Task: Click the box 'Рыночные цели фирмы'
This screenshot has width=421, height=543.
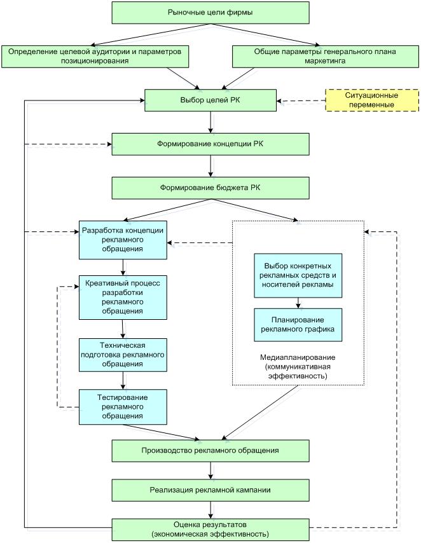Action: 210,13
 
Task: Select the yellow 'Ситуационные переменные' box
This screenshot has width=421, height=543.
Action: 372,100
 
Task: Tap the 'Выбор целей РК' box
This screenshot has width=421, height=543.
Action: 210,100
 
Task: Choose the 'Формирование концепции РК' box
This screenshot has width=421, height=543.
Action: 210,144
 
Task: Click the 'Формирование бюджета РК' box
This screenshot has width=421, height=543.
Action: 210,188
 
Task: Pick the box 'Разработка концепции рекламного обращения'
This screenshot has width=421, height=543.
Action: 123,240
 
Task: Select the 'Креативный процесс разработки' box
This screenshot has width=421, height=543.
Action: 123,298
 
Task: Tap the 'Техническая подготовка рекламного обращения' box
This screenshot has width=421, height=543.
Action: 123,355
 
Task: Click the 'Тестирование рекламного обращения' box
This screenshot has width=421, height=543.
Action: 123,407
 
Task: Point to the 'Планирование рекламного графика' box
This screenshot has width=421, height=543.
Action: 298,325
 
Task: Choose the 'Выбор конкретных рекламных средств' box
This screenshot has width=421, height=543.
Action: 298,276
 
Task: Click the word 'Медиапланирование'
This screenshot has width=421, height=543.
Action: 298,357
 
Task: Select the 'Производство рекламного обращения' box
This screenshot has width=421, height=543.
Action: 210,451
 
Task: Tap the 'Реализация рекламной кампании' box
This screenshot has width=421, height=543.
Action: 210,490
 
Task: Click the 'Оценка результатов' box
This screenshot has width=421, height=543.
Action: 210,530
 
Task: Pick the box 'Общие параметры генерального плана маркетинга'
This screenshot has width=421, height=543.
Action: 326,57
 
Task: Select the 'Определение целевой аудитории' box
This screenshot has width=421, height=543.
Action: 95,57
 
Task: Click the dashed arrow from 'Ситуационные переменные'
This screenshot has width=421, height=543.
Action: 301,100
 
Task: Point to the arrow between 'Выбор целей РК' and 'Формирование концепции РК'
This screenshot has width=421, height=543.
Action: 210,122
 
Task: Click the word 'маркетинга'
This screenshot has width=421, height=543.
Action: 325,61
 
